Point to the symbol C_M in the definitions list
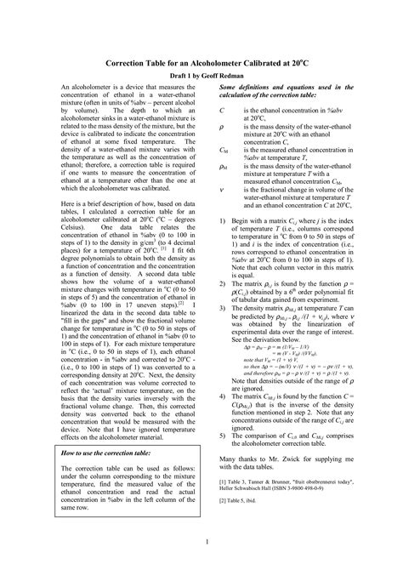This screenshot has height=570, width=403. (224, 148)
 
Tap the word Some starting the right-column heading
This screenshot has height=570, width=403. (230, 88)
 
